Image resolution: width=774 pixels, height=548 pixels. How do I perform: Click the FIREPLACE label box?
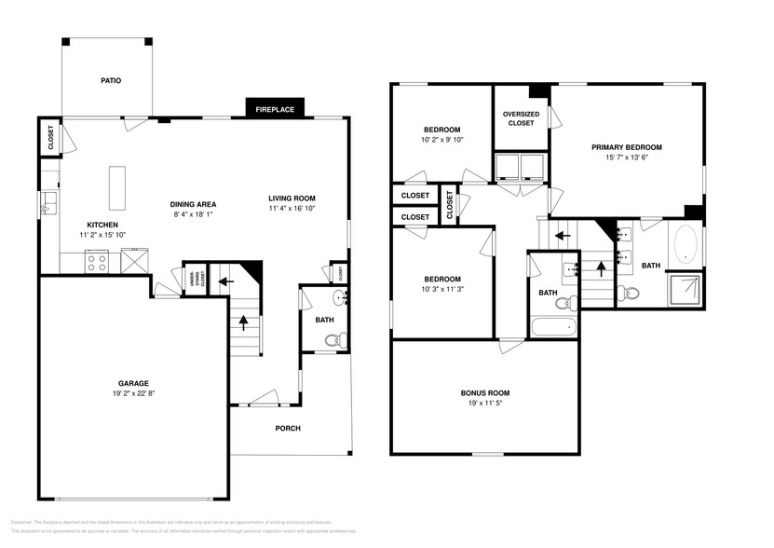275,109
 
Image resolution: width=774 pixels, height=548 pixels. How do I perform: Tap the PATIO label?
111,80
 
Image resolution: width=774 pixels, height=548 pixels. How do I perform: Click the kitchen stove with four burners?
97,261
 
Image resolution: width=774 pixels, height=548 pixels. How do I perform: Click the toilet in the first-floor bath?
338,339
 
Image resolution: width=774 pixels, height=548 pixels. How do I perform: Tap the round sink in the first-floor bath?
339,298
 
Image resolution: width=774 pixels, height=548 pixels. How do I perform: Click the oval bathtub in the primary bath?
688,244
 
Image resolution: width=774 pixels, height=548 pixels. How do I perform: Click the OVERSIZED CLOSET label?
521,118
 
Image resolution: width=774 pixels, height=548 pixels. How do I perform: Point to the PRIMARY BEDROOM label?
626,147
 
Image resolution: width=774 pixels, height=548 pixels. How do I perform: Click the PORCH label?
287,429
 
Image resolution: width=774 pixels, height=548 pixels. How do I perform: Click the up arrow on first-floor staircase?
245,323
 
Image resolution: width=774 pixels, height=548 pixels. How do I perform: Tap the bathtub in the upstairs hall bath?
553,327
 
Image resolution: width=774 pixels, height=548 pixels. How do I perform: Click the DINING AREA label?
193,204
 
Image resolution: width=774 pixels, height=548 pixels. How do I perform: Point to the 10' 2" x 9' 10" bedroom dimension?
441,141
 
